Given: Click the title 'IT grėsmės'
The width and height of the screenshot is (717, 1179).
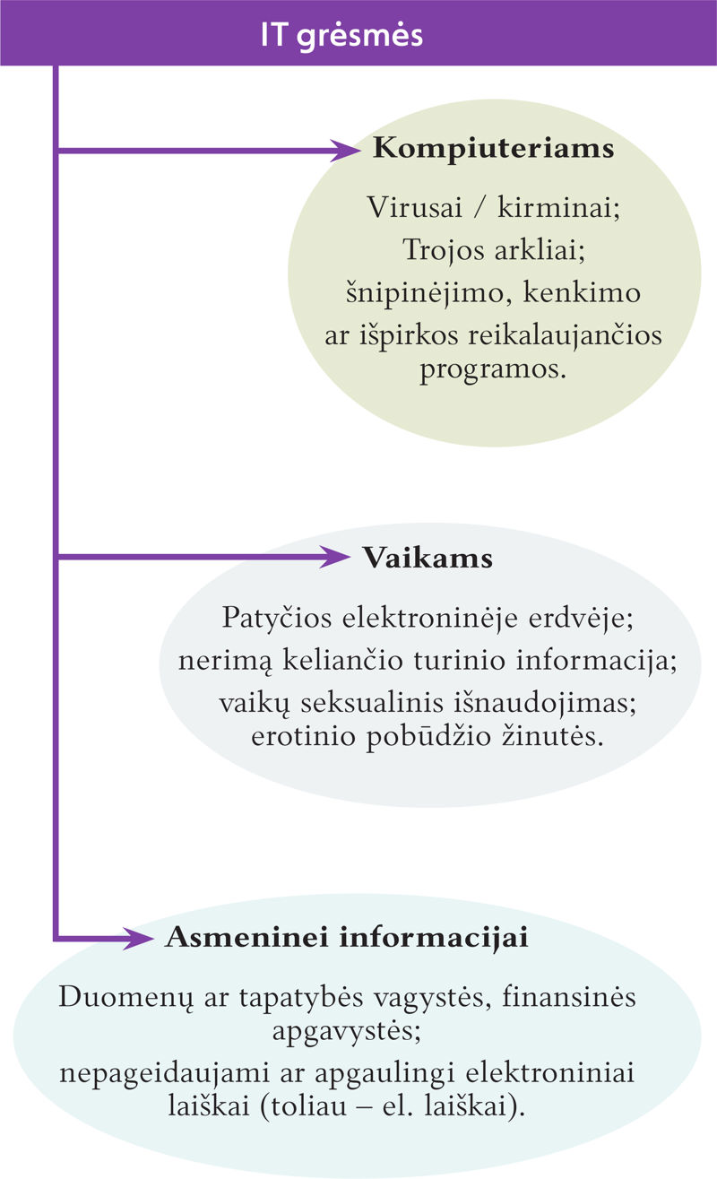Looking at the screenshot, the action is coord(342,36).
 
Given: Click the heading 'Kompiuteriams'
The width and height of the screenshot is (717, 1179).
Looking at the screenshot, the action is coord(494,150).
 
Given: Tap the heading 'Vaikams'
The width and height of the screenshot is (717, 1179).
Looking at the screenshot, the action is coord(428,558).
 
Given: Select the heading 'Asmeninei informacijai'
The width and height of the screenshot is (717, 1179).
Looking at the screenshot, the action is coord(347,937).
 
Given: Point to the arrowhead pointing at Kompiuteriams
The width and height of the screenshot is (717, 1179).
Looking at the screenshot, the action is coord(345,151).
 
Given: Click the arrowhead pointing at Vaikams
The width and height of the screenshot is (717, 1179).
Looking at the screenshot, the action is coord(334,557).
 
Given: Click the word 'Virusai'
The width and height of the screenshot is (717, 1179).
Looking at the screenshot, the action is coord(415,207).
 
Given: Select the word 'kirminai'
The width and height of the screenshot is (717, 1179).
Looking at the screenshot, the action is coord(558,207).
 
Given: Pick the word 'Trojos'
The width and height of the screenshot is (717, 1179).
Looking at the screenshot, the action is coord(444,249).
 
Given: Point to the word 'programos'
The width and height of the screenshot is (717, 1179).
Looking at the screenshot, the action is coord(493,370).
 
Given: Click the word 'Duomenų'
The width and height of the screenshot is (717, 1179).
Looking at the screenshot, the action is coord(125,997).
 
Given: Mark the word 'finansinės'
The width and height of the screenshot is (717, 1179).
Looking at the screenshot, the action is coord(569,996).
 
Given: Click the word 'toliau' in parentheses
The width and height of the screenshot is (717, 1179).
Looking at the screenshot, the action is coord(303,1105).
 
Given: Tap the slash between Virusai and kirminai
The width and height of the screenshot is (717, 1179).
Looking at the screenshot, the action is coord(479,207).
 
